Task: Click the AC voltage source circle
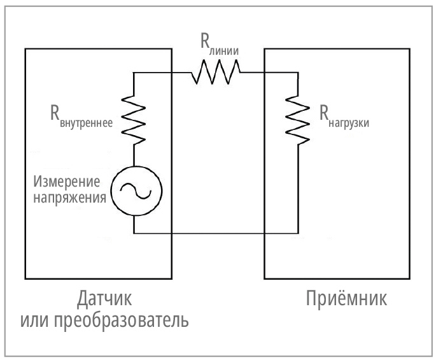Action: click(x=136, y=191)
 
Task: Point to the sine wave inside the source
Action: click(x=136, y=191)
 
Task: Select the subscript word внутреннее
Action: click(x=87, y=124)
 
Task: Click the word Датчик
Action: click(x=104, y=299)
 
